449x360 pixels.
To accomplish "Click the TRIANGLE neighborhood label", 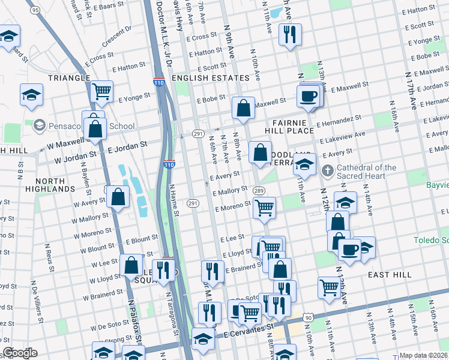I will pos(68,78).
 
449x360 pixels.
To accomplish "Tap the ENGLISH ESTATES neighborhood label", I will pos(210,78).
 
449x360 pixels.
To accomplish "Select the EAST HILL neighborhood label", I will pos(390,274).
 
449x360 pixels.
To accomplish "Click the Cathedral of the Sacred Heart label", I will pos(366,172).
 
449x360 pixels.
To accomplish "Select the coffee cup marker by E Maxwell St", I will pos(309,96).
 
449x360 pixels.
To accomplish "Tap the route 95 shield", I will pos(35,10).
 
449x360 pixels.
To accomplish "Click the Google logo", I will pos(20,353).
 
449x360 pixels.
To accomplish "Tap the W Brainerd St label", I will pos(103,294).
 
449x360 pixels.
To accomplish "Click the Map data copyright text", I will pos(423,355).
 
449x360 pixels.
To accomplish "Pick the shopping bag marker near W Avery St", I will pos(118,196).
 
